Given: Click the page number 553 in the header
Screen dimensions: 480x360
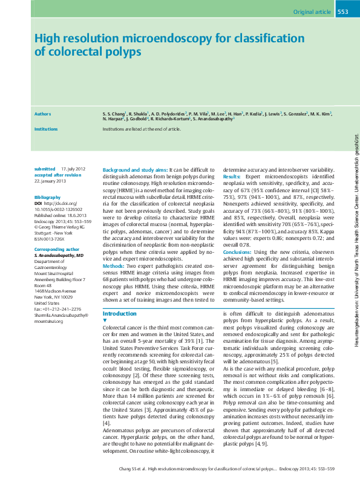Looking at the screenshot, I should click(x=342, y=11).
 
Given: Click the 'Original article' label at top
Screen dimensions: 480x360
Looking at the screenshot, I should click(x=311, y=11).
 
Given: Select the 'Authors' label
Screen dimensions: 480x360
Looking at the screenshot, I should click(x=42, y=114).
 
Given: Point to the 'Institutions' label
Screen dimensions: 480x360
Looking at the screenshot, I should click(x=46, y=129).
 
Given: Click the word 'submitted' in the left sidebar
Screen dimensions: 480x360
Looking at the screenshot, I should click(x=45, y=169).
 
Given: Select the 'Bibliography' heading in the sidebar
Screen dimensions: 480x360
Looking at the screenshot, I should click(x=48, y=198).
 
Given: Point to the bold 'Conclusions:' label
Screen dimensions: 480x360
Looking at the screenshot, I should click(x=237, y=251).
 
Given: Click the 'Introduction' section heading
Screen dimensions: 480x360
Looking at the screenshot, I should click(x=120, y=314).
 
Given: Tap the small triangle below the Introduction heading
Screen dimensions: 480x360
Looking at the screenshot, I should click(x=105, y=320).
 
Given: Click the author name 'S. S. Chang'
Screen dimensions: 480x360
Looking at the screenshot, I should click(x=114, y=114).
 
